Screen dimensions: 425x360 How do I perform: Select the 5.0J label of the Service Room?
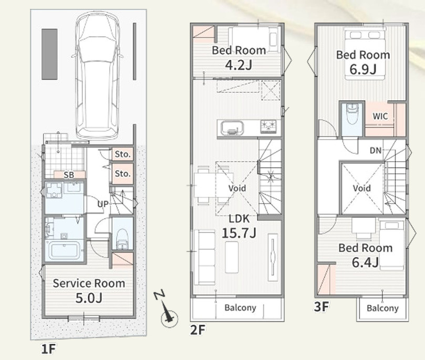click(89, 298)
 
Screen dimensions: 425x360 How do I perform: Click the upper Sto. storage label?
click(123, 154)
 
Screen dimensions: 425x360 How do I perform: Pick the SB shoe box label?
click(69, 175)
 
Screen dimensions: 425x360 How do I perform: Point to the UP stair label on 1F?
click(103, 204)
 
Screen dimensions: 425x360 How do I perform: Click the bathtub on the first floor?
click(64, 250)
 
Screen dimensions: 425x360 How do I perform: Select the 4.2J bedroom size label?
click(239, 65)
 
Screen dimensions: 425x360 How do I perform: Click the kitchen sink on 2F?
click(232, 128)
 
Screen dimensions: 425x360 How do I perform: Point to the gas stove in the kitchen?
click(268, 126)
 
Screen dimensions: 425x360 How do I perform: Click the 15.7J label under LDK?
click(239, 233)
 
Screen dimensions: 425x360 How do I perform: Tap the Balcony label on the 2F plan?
click(240, 308)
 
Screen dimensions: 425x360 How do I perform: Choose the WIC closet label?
click(380, 117)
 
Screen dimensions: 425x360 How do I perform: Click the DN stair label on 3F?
click(376, 151)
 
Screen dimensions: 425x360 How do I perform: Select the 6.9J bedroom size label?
click(363, 69)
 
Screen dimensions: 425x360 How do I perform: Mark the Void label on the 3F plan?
click(361, 188)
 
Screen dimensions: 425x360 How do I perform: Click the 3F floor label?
click(322, 306)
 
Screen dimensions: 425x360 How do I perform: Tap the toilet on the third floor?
click(353, 114)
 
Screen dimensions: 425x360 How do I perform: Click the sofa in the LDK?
click(205, 257)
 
